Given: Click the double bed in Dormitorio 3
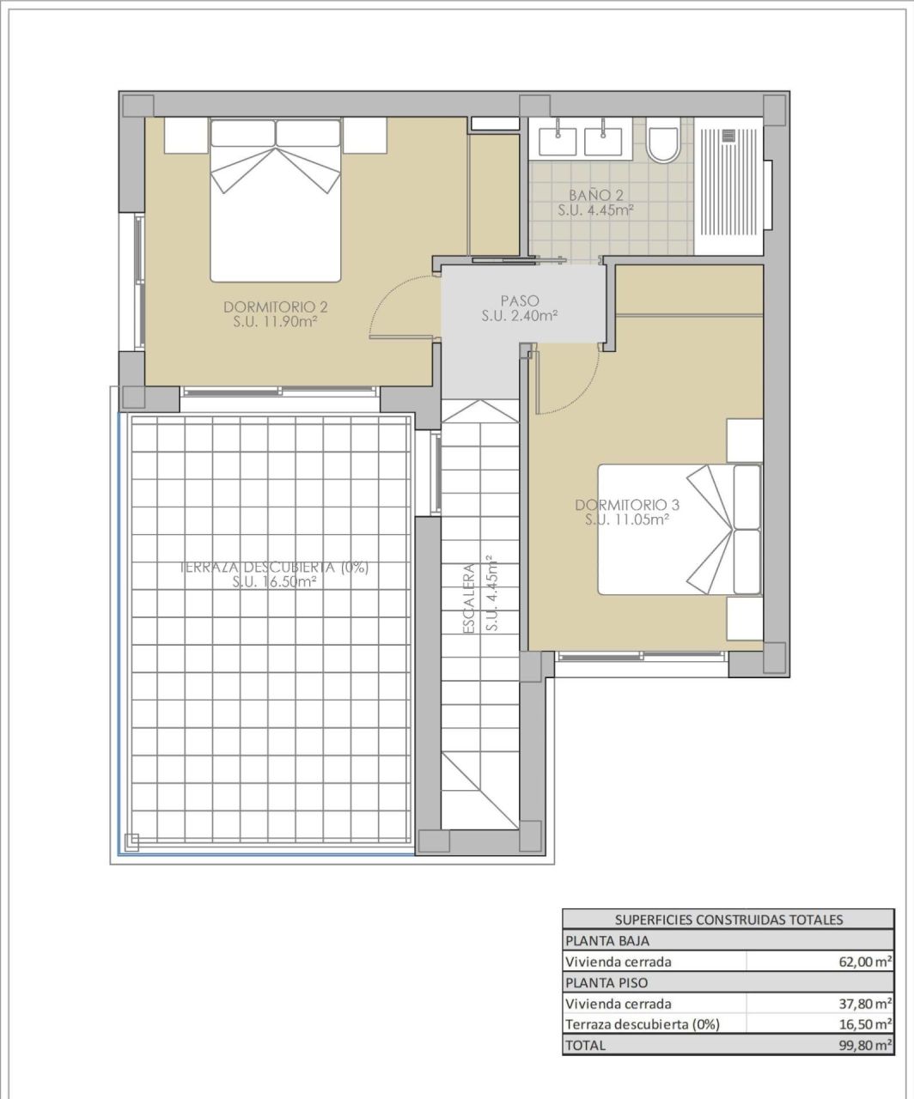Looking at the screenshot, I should pos(679,530).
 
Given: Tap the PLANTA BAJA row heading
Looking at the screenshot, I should pos(594,940).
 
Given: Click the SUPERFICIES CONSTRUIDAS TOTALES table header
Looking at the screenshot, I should pos(728,920).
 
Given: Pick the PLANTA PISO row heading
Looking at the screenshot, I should pos(594,982).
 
